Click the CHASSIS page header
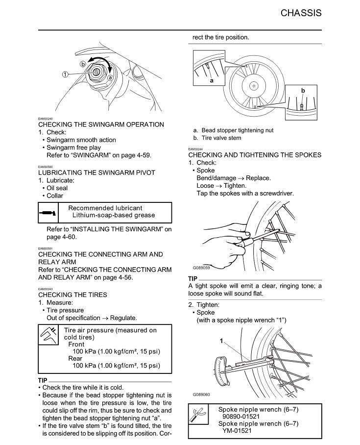tap(301, 13)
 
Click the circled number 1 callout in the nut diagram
tap(65, 74)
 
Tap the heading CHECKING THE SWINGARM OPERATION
tap(101, 124)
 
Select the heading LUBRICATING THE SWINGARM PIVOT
tap(96, 173)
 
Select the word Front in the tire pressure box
tap(76, 345)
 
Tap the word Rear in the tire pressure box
tap(75, 358)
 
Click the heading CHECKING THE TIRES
tap(72, 295)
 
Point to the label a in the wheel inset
tap(211, 80)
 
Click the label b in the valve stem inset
tap(303, 91)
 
